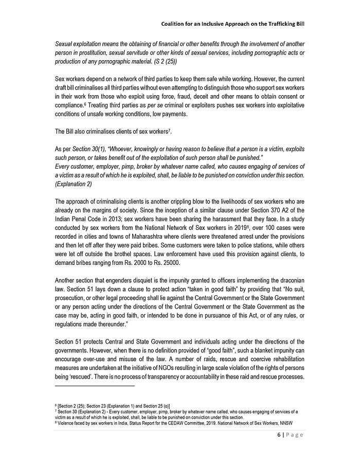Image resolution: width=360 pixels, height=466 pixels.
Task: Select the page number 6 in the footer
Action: pos(273,435)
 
